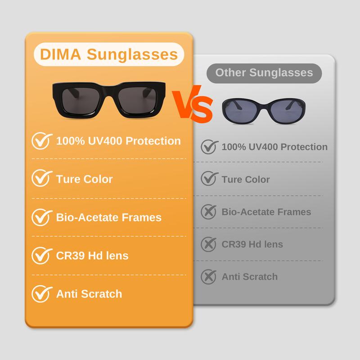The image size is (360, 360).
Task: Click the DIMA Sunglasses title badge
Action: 109,55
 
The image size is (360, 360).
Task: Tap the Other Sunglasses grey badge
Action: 264,72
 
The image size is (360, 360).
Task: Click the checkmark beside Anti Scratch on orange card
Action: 40,294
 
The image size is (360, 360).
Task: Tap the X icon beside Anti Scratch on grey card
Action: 208,276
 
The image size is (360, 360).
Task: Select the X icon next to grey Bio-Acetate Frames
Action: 208,211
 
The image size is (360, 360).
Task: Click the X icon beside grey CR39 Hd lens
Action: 208,244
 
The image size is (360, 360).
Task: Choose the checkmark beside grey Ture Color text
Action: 208,179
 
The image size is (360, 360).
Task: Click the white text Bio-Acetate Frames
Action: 108,217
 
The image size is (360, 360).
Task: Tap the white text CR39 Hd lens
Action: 92,256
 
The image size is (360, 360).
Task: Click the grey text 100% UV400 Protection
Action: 274,147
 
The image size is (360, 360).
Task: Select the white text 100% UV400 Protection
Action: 118,141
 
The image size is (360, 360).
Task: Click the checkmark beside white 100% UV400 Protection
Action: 40,141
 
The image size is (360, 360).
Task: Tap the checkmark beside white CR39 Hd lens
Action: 40,256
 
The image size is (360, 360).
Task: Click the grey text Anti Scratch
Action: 250,276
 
